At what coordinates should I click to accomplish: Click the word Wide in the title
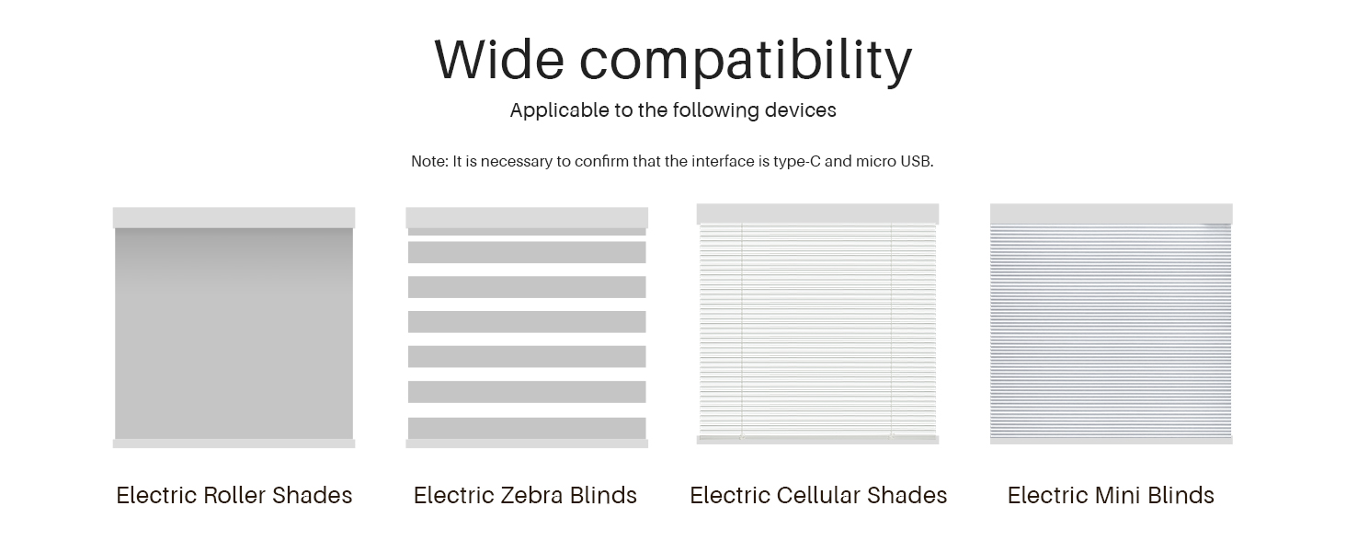(499, 60)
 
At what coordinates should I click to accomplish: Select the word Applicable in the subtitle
(559, 110)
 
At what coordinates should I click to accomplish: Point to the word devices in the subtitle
(801, 110)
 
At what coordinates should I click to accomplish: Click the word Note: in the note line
(429, 161)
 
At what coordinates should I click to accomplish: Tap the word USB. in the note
(917, 161)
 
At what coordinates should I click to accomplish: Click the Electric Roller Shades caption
(234, 496)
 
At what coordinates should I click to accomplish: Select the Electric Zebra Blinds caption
(525, 496)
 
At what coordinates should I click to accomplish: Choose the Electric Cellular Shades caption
(818, 496)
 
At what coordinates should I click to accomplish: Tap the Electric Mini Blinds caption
(1111, 496)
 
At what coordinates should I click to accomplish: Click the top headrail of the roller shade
(234, 218)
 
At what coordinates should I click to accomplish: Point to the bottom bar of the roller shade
(234, 443)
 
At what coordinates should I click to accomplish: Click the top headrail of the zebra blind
(527, 218)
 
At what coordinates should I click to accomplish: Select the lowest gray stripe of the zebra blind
(527, 428)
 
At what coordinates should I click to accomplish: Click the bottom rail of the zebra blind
(527, 443)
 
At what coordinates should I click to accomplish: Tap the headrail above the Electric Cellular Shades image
(818, 213)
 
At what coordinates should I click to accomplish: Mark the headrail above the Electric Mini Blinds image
(1111, 213)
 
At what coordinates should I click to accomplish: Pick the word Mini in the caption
(1118, 496)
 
